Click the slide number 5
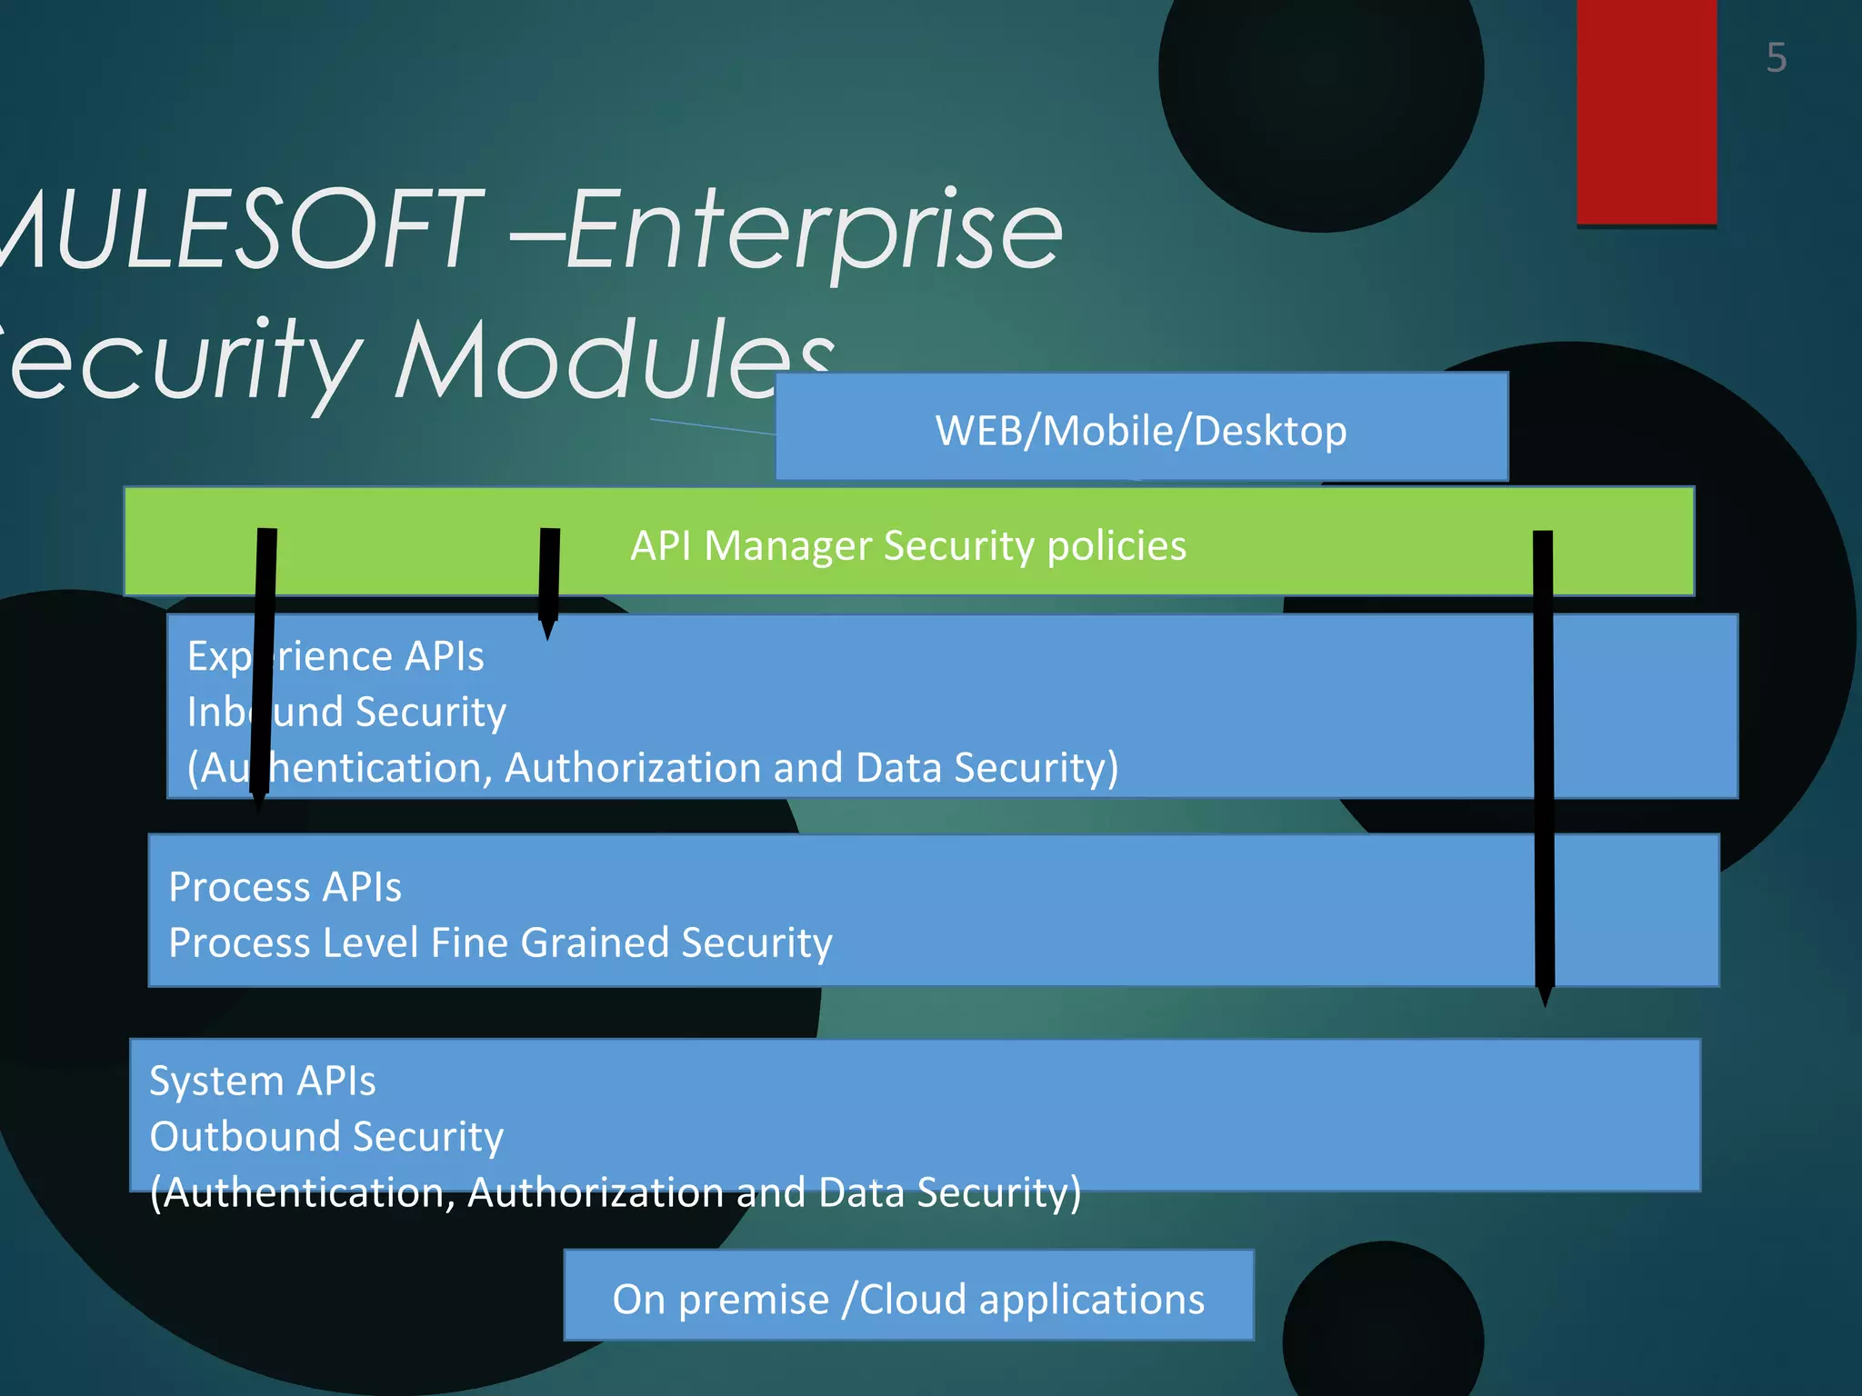click(x=1776, y=58)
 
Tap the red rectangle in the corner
click(x=1646, y=109)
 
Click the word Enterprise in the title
click(x=814, y=232)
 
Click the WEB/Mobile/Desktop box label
click(x=1141, y=431)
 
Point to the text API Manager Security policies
click(x=908, y=546)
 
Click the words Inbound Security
click(x=346, y=712)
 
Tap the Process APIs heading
click(x=285, y=887)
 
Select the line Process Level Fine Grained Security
click(x=500, y=942)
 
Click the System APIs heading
click(x=262, y=1081)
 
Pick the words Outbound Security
click(x=326, y=1136)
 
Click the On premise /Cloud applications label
click(x=908, y=1299)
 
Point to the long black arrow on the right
click(x=1544, y=763)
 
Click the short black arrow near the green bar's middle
click(x=549, y=577)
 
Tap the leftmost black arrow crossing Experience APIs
click(x=264, y=668)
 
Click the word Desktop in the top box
click(x=1269, y=431)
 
